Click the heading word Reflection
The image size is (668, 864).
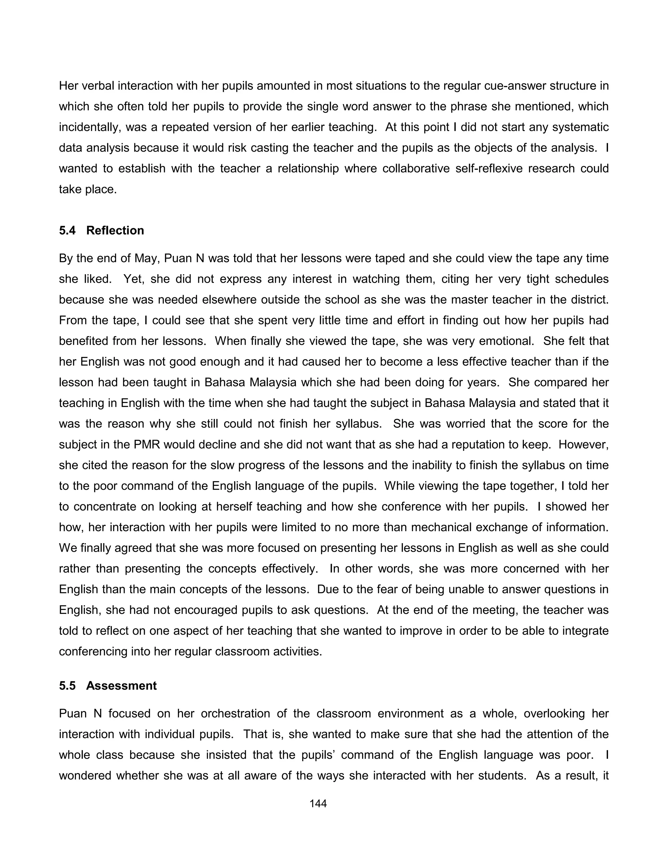(x=115, y=231)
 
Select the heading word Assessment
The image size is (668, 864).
(x=121, y=686)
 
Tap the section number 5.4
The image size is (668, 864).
(x=67, y=231)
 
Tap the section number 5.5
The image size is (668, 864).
(x=67, y=686)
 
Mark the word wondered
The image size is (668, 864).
(x=84, y=775)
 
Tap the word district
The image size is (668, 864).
(x=589, y=300)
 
